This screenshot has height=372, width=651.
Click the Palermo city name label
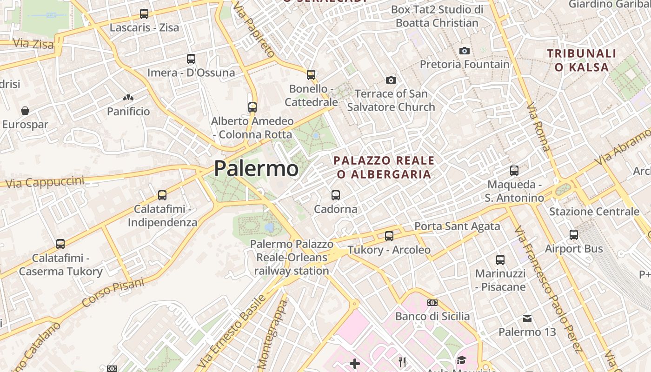[x=256, y=168]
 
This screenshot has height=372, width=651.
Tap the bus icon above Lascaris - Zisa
[x=144, y=14]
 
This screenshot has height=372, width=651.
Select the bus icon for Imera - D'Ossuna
[x=191, y=59]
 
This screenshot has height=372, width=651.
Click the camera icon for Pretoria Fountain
[x=464, y=51]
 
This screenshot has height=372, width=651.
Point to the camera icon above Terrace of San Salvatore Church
[x=391, y=80]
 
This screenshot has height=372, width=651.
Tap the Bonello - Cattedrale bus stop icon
[x=311, y=74]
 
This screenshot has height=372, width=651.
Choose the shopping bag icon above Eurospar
[x=25, y=111]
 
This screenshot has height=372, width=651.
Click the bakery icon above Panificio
[x=128, y=98]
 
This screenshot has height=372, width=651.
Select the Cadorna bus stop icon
[x=336, y=195]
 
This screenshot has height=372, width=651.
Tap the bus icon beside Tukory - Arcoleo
[x=389, y=236]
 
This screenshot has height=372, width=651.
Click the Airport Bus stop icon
[x=574, y=235]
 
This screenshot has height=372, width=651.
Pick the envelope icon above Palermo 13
[x=527, y=319]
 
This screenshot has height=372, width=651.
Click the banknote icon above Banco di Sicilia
[x=432, y=303]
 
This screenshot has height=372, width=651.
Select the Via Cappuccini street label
[x=45, y=182]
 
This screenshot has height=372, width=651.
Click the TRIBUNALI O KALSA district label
[x=582, y=60]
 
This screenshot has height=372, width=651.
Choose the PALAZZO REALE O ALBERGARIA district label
[x=384, y=167]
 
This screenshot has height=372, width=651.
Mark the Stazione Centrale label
[x=594, y=212]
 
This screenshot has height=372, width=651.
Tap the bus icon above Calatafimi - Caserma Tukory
[x=60, y=244]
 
